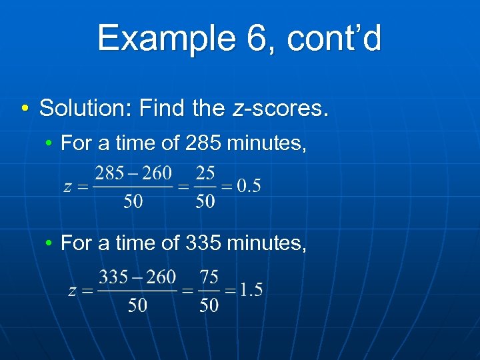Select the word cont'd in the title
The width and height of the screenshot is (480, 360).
(x=335, y=38)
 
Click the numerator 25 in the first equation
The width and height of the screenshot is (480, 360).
(x=205, y=175)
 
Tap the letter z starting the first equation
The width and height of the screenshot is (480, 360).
(x=67, y=187)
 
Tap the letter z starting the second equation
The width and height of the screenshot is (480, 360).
(x=73, y=290)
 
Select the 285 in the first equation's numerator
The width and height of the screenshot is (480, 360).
(x=109, y=175)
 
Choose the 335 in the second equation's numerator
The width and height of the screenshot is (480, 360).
(x=113, y=277)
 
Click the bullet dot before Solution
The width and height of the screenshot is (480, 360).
(x=24, y=108)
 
